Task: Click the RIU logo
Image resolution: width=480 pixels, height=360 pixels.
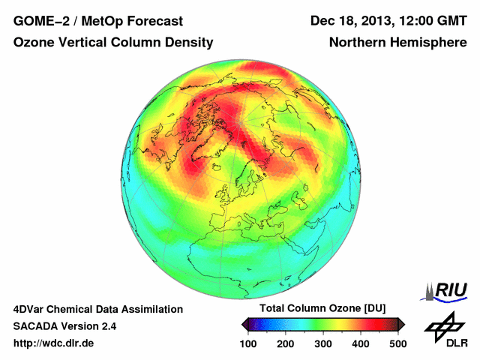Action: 447,290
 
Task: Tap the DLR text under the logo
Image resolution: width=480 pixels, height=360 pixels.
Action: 457,343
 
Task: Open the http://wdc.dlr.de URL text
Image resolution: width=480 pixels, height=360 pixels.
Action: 53,343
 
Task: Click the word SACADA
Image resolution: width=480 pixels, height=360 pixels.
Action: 36,326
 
